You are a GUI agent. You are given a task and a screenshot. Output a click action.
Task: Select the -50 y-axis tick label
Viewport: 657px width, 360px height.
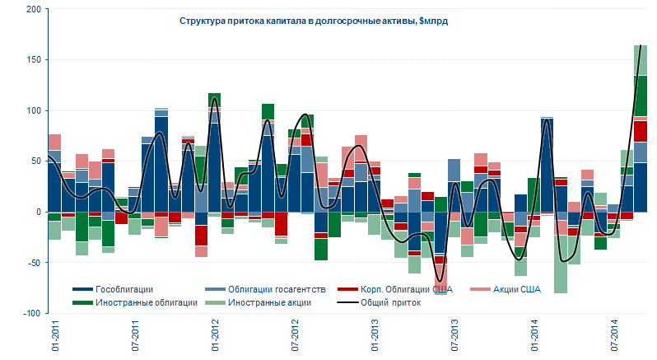31,263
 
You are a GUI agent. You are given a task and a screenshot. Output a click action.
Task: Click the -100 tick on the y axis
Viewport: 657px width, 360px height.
30,314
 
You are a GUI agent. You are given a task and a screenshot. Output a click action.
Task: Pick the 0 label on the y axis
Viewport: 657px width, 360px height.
36,212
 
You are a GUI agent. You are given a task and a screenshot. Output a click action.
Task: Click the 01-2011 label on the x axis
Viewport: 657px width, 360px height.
54,339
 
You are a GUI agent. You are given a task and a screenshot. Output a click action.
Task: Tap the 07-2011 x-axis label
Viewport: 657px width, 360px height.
135,339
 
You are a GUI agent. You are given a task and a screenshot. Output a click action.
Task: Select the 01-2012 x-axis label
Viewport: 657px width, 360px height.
216,339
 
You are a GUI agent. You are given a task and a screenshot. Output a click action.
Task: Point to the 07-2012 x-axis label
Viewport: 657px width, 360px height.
296,339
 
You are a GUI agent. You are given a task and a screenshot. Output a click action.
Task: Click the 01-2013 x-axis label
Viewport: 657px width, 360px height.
375,339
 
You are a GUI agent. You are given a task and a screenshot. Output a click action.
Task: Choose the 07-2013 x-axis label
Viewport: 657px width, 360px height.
456,339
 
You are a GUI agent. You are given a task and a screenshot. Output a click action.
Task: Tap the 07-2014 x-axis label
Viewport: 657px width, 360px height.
616,339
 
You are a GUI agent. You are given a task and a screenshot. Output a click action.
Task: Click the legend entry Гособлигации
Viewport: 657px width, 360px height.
124,289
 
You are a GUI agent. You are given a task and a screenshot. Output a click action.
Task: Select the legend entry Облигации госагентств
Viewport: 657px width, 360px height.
276,289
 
